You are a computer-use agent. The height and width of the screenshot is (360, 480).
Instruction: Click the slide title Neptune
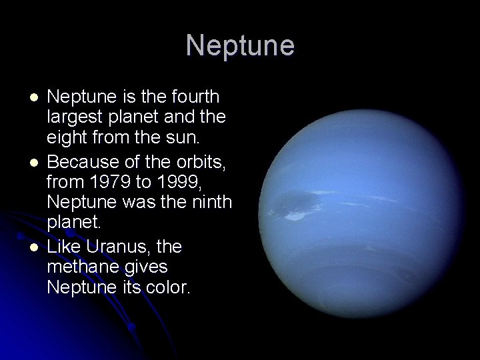pos(240,46)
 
